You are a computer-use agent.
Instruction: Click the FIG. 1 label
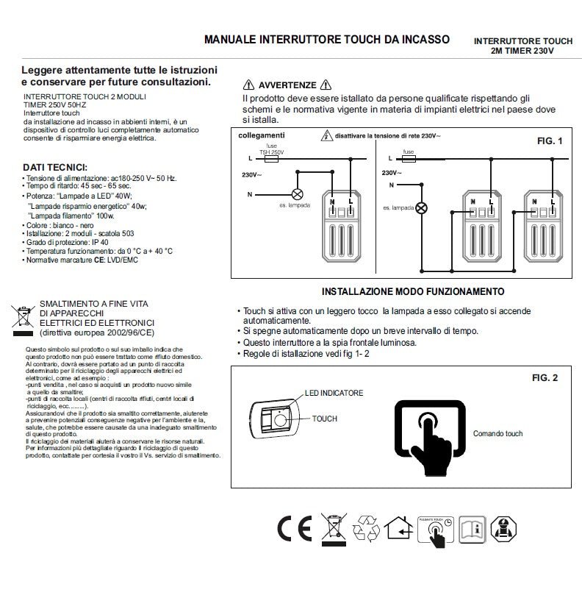tap(549, 140)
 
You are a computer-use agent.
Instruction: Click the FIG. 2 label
tap(545, 378)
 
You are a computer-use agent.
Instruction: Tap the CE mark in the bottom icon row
tap(294, 529)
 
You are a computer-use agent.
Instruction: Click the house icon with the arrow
tap(398, 529)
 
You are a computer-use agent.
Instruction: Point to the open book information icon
tap(471, 529)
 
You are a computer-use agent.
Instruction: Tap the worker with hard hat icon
tap(503, 529)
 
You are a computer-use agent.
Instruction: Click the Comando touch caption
tap(497, 434)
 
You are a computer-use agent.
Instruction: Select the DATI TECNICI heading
tap(55, 167)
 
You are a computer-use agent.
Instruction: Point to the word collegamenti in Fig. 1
tap(262, 136)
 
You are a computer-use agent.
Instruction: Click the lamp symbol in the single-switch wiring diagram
tap(298, 194)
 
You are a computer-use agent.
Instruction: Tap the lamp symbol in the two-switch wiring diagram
tap(421, 208)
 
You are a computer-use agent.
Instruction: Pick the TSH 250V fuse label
tap(272, 151)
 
